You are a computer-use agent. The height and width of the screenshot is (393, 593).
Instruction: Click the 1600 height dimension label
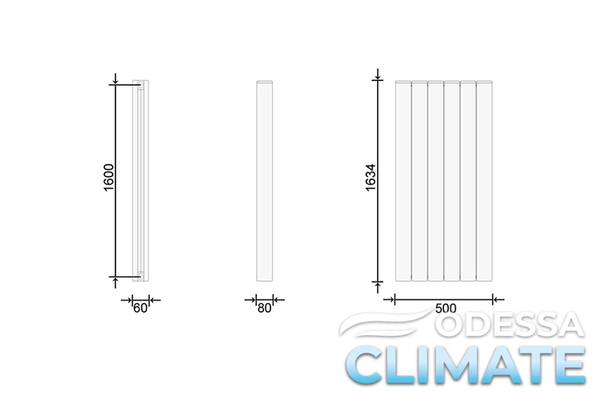click(x=108, y=177)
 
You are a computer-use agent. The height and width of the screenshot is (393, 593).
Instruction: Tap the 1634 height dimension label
click(x=371, y=177)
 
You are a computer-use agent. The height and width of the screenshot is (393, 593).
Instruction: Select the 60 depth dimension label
click(x=140, y=308)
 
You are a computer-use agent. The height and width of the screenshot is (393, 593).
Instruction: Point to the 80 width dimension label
click(x=264, y=308)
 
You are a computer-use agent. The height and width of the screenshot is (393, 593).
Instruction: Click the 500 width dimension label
click(x=446, y=308)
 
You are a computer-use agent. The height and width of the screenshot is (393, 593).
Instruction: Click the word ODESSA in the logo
click(x=509, y=325)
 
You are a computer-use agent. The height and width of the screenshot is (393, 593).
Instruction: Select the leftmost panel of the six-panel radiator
click(x=403, y=181)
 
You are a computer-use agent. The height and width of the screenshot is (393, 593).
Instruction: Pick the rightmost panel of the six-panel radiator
click(x=485, y=181)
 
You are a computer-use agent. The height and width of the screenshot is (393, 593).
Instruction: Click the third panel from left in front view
click(x=436, y=181)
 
